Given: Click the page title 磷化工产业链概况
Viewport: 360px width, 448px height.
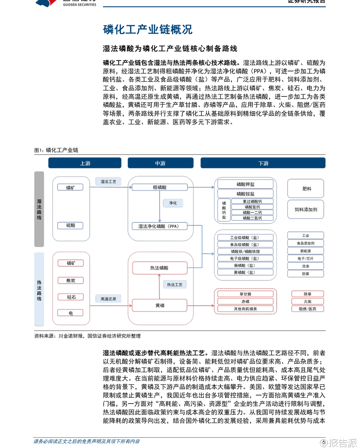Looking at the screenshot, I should point(148,30).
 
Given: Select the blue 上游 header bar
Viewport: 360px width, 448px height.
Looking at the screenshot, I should point(85,163).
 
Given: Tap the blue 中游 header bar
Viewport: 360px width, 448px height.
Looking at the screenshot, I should point(160,163).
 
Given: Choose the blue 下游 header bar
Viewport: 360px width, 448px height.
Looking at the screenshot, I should point(263,163).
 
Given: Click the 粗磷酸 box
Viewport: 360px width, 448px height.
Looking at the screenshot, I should point(159,187).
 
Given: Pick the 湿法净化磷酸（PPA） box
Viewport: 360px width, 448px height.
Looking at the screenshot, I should point(159,226).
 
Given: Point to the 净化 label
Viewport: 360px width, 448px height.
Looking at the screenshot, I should point(173,203).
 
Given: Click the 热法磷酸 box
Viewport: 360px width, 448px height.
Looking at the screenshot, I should point(159,268).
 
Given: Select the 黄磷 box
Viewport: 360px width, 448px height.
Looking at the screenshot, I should point(159,305).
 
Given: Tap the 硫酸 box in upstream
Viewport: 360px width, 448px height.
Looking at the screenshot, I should point(71,225).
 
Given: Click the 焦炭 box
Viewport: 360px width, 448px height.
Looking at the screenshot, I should point(71,280).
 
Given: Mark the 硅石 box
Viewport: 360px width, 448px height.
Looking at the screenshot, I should point(71,297).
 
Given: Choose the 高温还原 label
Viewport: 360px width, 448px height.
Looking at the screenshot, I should point(108,299).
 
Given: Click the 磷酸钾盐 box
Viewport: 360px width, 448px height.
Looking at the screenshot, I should point(245,184).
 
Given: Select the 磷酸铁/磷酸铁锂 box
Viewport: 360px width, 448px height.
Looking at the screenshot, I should point(245,251).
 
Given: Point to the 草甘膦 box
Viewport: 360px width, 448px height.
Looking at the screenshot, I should point(245,294).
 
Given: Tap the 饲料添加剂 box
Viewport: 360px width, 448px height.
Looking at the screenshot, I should point(306,209).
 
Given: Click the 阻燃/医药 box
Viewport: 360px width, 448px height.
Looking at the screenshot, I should point(307,309).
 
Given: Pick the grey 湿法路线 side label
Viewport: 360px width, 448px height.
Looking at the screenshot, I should point(39,209).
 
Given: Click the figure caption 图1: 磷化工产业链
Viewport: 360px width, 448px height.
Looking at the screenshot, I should point(56,150).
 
